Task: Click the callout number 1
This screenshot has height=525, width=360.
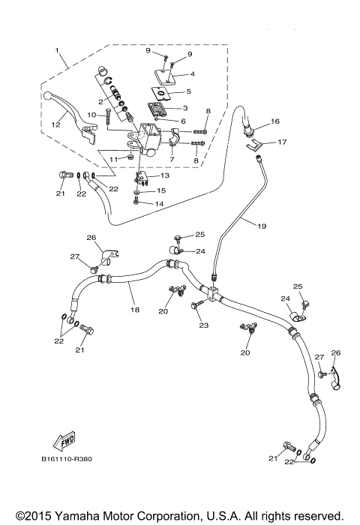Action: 57,50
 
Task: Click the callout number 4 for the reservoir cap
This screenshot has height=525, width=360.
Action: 193,74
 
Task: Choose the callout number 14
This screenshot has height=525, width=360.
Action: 160,203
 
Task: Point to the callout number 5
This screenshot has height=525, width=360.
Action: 188,91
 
